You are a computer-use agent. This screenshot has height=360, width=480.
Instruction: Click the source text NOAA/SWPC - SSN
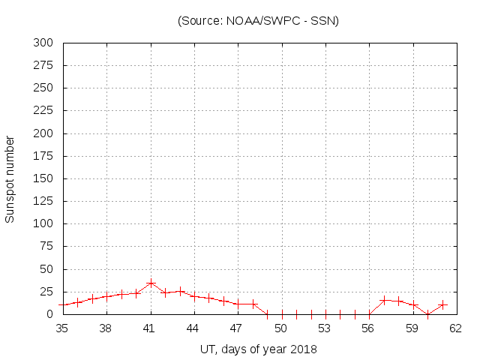point(258,20)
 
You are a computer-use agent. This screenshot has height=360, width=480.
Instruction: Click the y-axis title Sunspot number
point(10,179)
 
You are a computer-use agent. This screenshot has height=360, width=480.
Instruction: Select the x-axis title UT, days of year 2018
point(258,349)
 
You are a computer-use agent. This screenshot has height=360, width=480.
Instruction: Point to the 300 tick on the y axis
point(43,43)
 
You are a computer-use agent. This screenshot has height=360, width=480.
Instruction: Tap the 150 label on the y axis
point(43,178)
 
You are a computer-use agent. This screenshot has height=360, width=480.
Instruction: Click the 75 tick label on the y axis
point(46,246)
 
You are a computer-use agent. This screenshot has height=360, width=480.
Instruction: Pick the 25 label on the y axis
point(46,291)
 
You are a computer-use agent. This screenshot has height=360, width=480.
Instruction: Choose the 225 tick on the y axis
point(43,110)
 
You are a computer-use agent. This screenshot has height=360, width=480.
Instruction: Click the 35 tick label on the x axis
point(62,328)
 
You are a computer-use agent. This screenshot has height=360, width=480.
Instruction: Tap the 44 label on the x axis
point(193,328)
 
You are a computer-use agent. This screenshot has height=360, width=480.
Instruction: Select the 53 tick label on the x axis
point(325,328)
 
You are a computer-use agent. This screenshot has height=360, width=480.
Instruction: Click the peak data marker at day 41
point(151,283)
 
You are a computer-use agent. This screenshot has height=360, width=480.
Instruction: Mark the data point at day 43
point(180,291)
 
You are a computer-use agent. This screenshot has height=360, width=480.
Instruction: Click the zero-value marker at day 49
point(267,314)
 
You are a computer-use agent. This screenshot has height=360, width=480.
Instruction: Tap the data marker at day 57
point(384,300)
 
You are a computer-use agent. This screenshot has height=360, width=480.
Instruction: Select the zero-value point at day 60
point(427,314)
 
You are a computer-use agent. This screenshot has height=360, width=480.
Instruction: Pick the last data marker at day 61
point(442,304)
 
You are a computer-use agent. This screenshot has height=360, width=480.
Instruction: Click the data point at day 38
point(106,296)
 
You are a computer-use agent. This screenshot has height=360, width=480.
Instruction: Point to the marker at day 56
point(369,314)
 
